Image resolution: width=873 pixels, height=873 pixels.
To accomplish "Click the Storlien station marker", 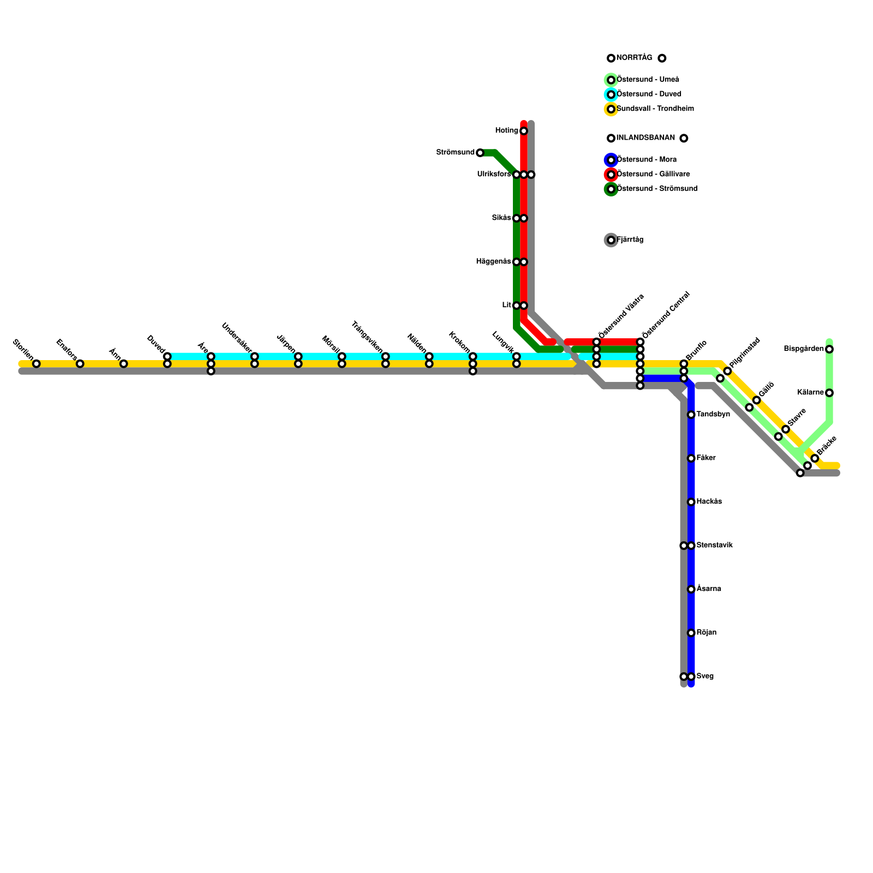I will pyautogui.click(x=36, y=364).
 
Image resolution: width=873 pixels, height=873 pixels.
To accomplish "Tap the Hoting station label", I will pyautogui.click(x=506, y=130).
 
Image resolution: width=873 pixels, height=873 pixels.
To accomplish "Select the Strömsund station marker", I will pyautogui.click(x=480, y=153).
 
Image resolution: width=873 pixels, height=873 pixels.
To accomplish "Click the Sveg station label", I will pyautogui.click(x=705, y=677).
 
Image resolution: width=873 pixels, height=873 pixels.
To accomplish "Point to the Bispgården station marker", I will pyautogui.click(x=829, y=349).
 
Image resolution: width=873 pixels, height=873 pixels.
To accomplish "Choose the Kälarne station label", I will pyautogui.click(x=810, y=393).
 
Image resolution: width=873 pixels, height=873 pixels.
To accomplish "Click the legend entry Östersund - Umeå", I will pyautogui.click(x=648, y=80).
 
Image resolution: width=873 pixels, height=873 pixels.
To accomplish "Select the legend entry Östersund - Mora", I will pyautogui.click(x=647, y=160).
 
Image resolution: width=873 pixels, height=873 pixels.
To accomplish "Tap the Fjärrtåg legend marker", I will pyautogui.click(x=611, y=240).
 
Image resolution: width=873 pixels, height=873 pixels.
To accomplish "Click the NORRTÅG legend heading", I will pyautogui.click(x=634, y=58).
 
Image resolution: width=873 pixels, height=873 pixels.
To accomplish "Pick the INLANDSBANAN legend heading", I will pyautogui.click(x=645, y=138).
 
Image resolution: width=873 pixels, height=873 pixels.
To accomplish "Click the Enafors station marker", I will pyautogui.click(x=80, y=364).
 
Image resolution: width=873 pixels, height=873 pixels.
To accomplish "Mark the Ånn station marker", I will pyautogui.click(x=123, y=364).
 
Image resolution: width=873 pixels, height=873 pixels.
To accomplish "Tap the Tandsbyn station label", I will pyautogui.click(x=713, y=415).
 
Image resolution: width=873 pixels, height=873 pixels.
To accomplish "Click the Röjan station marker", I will pyautogui.click(x=691, y=633).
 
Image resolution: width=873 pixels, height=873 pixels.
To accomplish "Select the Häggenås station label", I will pyautogui.click(x=493, y=262).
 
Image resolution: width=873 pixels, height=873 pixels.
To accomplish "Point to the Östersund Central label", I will pyautogui.click(x=666, y=315).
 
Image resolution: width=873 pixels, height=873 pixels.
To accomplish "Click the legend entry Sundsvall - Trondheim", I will pyautogui.click(x=655, y=109).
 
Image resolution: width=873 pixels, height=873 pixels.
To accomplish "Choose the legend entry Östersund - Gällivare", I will pyautogui.click(x=653, y=175).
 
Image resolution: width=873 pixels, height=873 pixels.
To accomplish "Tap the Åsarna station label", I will pyautogui.click(x=709, y=589).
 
